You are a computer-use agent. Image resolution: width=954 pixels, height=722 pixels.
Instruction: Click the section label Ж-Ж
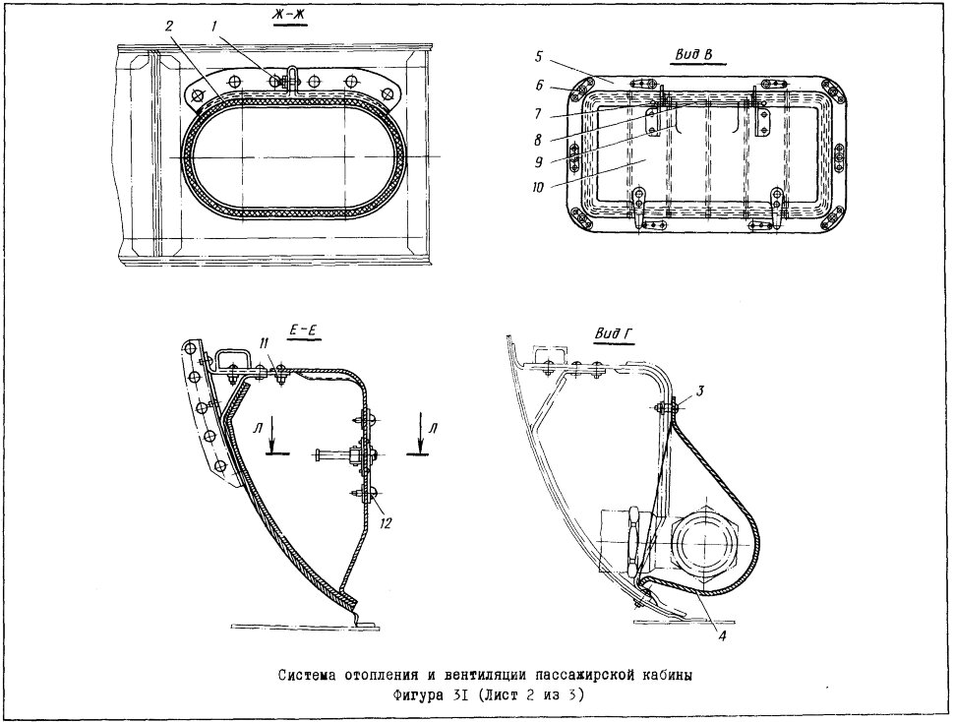point(289,16)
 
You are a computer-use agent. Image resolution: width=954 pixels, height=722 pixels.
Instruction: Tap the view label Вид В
point(693,54)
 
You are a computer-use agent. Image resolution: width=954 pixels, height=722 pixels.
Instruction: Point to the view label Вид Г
point(613,333)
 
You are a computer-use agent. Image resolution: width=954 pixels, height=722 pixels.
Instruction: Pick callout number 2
point(170,27)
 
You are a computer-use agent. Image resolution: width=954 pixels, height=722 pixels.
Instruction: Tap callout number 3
point(700,391)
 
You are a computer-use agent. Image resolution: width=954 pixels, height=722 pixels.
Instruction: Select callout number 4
point(723,636)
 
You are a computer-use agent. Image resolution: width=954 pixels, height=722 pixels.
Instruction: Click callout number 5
point(539,58)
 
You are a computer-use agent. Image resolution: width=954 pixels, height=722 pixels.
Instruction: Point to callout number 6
point(539,87)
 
